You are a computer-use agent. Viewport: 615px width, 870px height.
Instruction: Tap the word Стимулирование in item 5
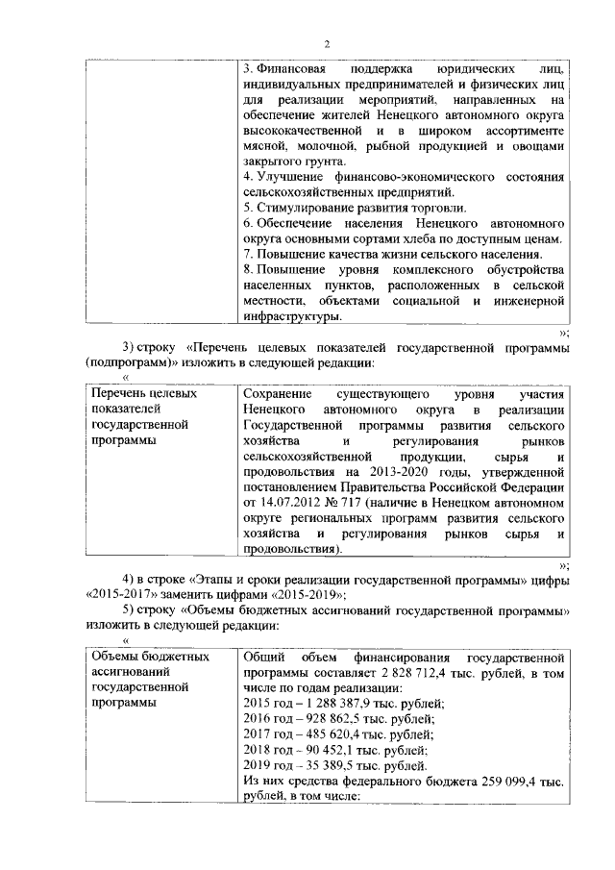tap(298, 208)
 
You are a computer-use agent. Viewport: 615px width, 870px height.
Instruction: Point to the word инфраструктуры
tap(291, 315)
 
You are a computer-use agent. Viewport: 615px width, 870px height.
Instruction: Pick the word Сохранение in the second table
tap(279, 394)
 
